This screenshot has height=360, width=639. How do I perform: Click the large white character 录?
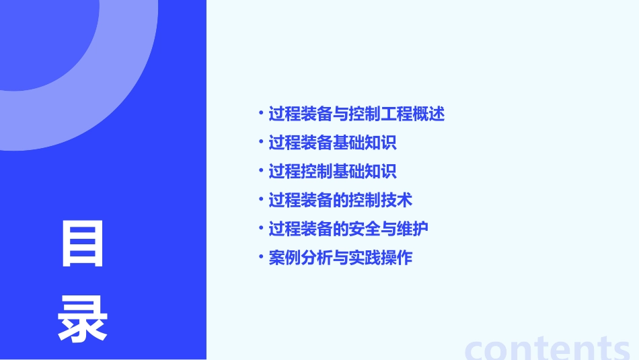(83, 320)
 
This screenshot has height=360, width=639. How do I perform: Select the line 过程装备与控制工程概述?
(356, 114)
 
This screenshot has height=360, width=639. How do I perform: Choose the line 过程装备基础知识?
(332, 143)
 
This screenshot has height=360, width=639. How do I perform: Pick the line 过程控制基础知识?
(332, 172)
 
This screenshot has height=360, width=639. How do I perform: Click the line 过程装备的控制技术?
(340, 200)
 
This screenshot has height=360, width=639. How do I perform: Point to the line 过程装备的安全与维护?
(348, 229)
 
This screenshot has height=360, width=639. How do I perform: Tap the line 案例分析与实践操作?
(340, 257)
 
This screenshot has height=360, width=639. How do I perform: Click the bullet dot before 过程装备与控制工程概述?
(261, 113)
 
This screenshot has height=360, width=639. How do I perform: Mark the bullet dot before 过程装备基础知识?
(261, 142)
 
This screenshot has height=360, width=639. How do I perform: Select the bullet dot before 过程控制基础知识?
(261, 171)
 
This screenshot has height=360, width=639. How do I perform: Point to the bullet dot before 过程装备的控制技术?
(261, 199)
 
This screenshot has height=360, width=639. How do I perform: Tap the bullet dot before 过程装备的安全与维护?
(261, 228)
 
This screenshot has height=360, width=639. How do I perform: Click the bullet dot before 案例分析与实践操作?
(261, 256)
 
